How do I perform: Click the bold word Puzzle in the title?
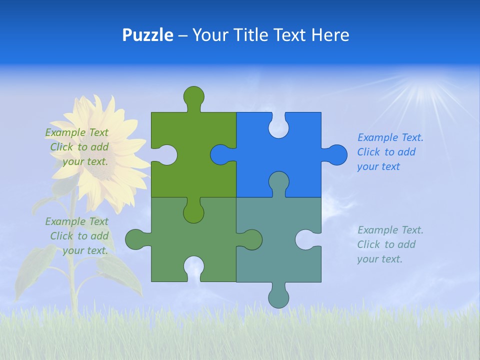click(x=147, y=35)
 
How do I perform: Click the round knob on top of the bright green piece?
click(x=194, y=96)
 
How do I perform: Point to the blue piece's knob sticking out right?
click(x=336, y=154)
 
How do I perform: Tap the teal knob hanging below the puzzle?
click(x=278, y=297)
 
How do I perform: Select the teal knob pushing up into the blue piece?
click(x=278, y=182)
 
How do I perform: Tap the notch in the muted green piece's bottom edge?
click(x=194, y=268)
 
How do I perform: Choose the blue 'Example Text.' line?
click(x=390, y=137)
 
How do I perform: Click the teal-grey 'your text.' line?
click(x=379, y=259)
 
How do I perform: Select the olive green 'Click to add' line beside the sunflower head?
click(x=79, y=147)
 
